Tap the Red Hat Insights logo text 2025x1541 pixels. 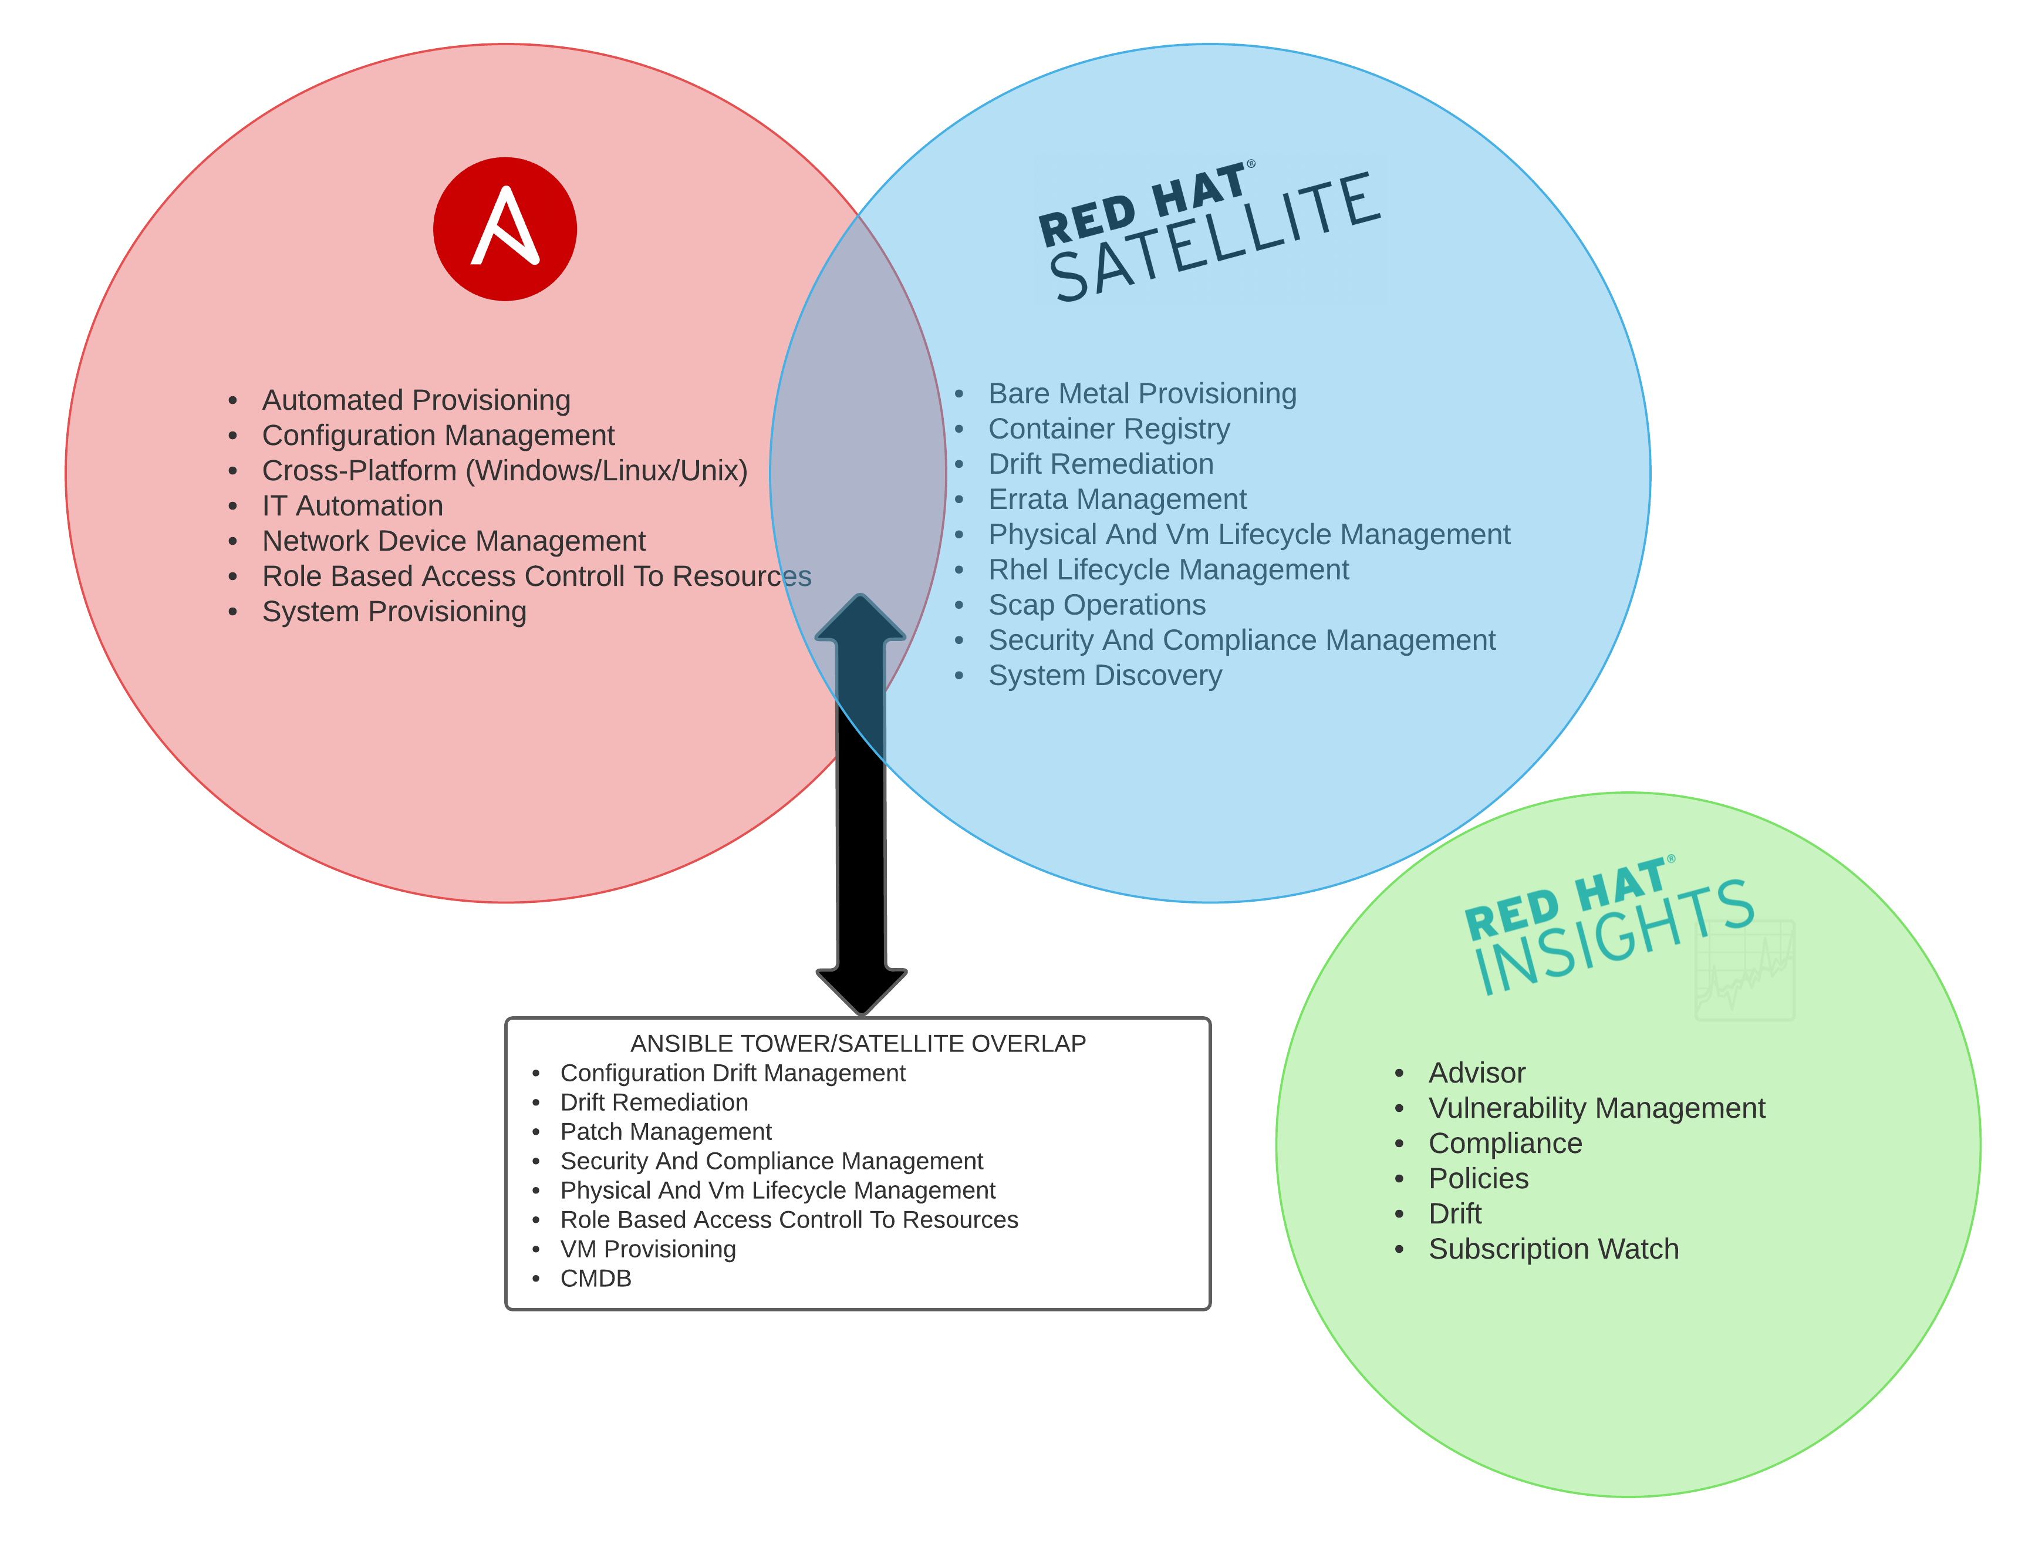1609,926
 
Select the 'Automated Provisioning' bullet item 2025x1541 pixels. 416,400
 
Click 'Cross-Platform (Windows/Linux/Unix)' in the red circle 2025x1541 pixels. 504,471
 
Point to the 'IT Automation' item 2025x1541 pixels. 352,505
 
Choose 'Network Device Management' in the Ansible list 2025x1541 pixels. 453,541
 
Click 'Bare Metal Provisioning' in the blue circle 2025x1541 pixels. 1142,393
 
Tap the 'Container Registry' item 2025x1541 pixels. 1109,429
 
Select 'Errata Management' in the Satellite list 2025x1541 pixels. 1117,499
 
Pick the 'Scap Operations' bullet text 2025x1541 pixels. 1097,605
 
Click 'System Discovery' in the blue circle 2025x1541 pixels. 1105,675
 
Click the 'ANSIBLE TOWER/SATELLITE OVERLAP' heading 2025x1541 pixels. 858,1043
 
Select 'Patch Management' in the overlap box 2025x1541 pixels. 666,1131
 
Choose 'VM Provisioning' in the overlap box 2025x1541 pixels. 647,1249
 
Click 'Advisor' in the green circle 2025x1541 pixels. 1477,1073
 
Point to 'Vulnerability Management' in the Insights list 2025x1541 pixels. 1596,1108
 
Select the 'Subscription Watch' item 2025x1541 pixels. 1553,1249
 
